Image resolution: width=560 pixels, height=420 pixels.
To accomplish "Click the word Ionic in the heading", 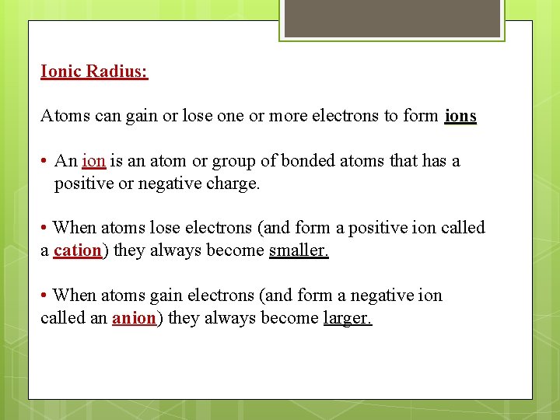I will click(61, 72).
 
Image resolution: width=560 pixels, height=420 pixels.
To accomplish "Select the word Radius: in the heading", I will click(117, 72).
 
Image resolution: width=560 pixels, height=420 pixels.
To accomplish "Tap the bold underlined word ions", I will click(460, 116).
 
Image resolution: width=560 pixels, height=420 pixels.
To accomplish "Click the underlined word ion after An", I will click(93, 161).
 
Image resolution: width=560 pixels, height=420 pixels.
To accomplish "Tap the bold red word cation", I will click(78, 250).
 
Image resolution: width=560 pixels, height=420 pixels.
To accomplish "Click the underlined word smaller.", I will click(299, 250).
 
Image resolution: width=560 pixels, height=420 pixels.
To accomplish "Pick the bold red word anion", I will click(134, 318).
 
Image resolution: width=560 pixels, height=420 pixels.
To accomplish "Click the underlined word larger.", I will click(348, 318).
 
